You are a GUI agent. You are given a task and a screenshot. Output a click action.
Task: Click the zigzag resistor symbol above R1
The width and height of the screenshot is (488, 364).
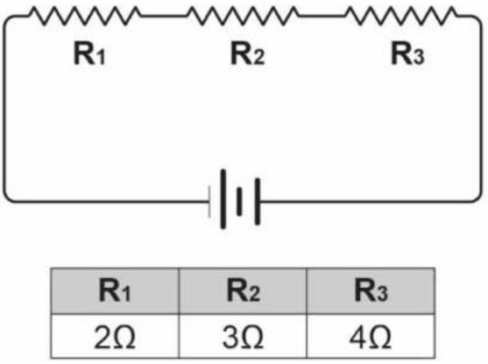pyautogui.click(x=84, y=16)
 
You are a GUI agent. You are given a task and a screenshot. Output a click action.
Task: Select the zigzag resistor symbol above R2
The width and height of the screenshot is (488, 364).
pyautogui.click(x=243, y=16)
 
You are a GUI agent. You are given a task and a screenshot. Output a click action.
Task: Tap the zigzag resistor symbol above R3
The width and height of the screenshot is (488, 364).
pyautogui.click(x=401, y=16)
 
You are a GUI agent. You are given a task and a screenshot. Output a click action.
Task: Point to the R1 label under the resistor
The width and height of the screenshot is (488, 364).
pyautogui.click(x=89, y=53)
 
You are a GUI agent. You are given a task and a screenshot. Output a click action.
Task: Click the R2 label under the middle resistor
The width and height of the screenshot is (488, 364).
pyautogui.click(x=247, y=53)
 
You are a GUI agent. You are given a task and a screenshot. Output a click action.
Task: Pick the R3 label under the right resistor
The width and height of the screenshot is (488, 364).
pyautogui.click(x=407, y=53)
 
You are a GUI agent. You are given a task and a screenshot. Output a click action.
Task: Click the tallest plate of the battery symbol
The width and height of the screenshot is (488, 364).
pyautogui.click(x=223, y=199)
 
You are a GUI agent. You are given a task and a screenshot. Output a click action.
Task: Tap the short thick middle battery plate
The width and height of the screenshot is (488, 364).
pyautogui.click(x=239, y=201)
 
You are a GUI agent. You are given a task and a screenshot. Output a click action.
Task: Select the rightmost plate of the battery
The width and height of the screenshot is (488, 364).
pyautogui.click(x=258, y=201)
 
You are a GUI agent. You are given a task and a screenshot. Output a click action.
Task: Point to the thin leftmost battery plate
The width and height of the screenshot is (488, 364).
pyautogui.click(x=209, y=202)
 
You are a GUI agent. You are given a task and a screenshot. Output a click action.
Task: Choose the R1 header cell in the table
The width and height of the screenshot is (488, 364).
pyautogui.click(x=115, y=290)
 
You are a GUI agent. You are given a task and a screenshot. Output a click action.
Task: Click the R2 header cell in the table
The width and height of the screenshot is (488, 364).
pyautogui.click(x=243, y=290)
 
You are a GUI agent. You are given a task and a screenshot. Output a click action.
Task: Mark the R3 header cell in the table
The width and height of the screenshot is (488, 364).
pyautogui.click(x=371, y=290)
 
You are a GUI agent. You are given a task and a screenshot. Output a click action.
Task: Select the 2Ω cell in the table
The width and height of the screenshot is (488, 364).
pyautogui.click(x=115, y=336)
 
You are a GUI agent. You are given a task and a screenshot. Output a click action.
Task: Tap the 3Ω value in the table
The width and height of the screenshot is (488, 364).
pyautogui.click(x=243, y=337)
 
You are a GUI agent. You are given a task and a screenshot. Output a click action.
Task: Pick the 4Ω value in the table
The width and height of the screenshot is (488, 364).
pyautogui.click(x=371, y=337)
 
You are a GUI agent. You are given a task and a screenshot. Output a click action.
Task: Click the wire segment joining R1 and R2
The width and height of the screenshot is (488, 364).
pyautogui.click(x=164, y=16)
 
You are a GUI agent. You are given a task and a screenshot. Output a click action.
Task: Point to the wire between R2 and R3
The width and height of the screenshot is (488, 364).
pyautogui.click(x=322, y=16)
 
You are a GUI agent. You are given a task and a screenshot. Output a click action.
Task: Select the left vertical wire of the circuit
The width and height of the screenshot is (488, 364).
pyautogui.click(x=4, y=108)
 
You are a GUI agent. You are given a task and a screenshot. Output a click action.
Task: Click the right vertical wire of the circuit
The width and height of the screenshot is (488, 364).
pyautogui.click(x=481, y=108)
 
